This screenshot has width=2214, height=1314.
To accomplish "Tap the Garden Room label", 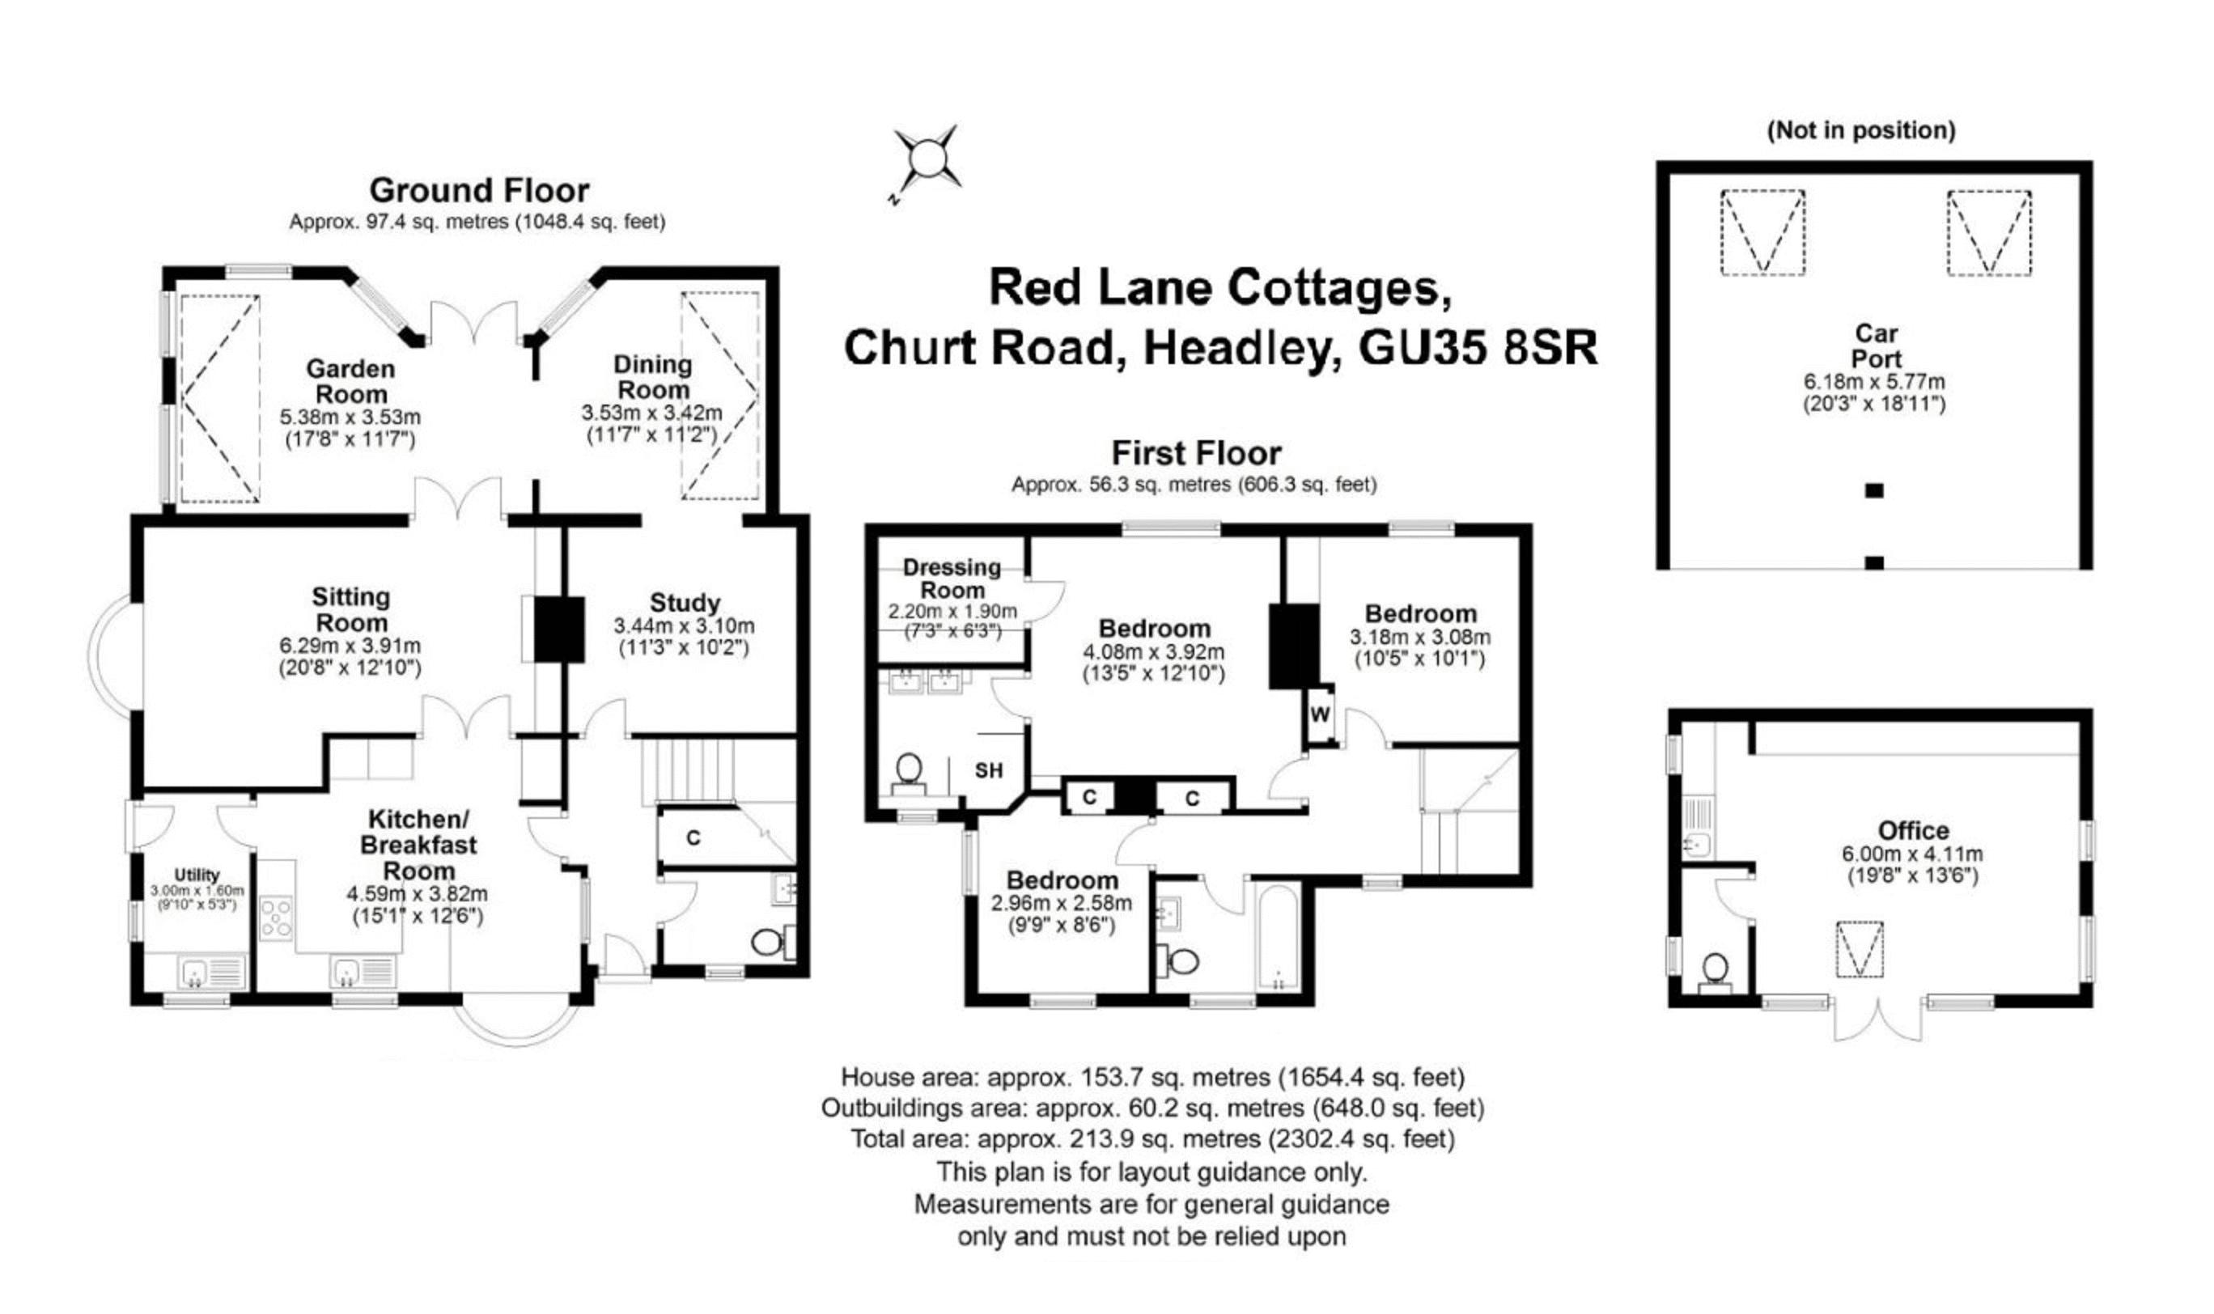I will click(x=350, y=382).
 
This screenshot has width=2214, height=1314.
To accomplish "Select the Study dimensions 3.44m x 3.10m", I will click(x=684, y=626).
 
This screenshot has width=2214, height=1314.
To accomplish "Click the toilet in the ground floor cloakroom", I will click(x=766, y=941).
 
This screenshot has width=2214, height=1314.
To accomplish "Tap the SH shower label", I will click(x=988, y=770).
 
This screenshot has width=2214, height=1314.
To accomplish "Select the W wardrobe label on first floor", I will click(x=1320, y=714).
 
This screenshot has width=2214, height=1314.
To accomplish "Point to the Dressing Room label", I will click(x=952, y=579).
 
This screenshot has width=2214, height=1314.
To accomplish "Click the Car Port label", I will click(x=1876, y=346).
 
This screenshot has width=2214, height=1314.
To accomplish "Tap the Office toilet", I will click(x=1716, y=968).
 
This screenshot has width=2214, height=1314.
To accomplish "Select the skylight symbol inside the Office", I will click(x=1859, y=950).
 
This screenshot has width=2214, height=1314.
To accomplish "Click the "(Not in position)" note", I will click(x=1860, y=131).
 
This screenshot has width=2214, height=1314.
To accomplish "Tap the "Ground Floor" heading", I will click(x=479, y=190).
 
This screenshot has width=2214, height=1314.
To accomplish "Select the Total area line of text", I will click(x=1152, y=1138).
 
